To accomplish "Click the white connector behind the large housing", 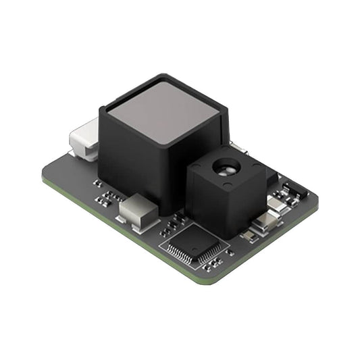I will coord(83,140).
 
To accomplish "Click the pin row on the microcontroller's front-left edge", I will coord(180,255).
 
